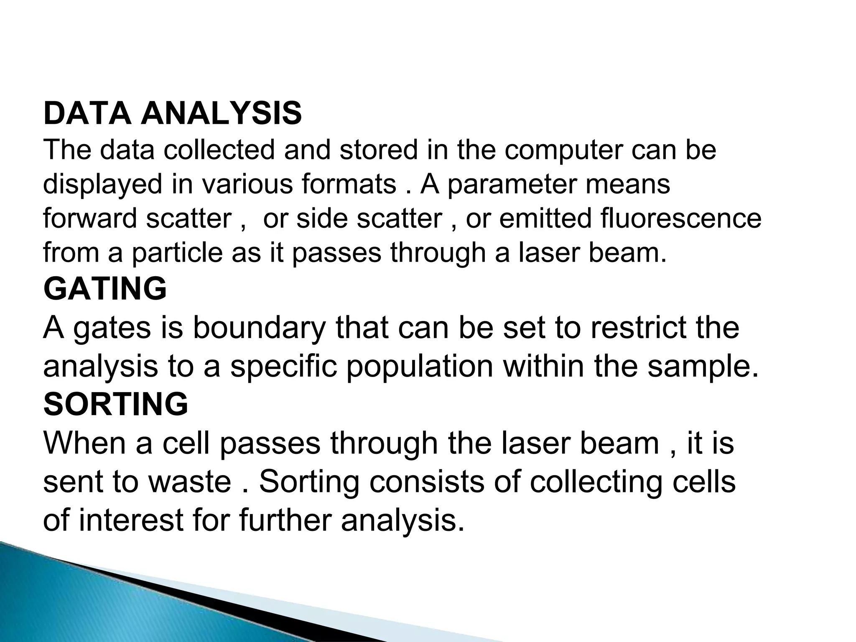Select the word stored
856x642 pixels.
[378, 150]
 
